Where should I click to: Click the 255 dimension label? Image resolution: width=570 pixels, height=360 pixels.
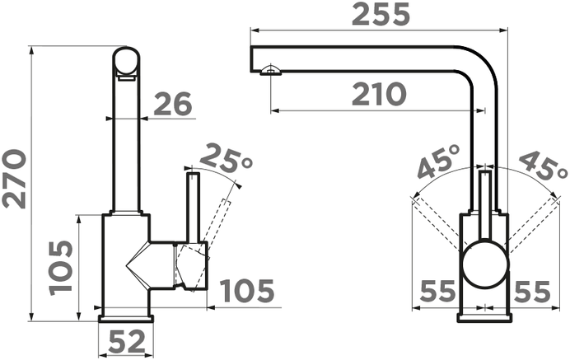381,15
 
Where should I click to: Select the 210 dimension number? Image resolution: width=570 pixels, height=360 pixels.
379,94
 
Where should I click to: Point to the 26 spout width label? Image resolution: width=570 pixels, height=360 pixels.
173,104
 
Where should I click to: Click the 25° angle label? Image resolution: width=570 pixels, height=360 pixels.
226,158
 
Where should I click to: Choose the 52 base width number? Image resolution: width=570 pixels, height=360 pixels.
127,342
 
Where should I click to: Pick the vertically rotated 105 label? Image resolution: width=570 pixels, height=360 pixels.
61,268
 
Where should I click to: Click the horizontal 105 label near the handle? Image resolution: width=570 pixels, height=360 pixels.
248,291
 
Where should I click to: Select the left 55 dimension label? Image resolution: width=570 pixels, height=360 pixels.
437,291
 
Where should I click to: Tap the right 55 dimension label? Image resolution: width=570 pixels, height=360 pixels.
533,291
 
